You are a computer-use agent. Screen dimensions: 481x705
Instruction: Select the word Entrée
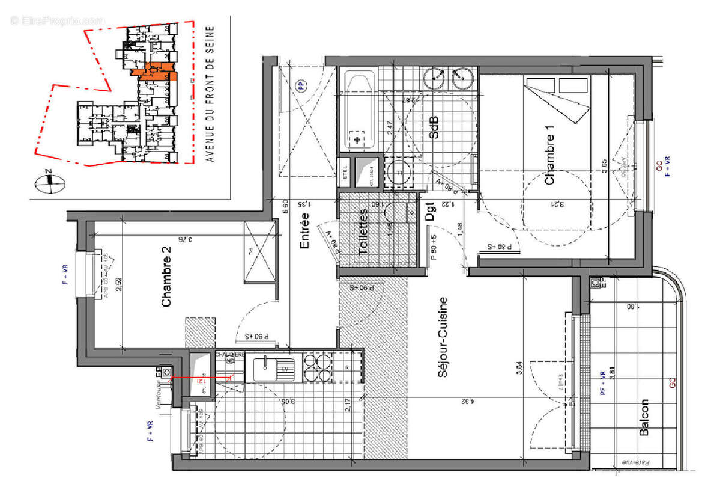tap(304, 231)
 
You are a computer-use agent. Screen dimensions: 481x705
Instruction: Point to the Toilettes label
tap(363, 233)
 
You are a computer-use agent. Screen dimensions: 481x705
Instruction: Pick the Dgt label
tap(430, 212)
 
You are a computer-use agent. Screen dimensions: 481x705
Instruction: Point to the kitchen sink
tap(276, 368)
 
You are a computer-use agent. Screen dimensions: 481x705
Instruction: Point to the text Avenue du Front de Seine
tap(210, 93)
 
